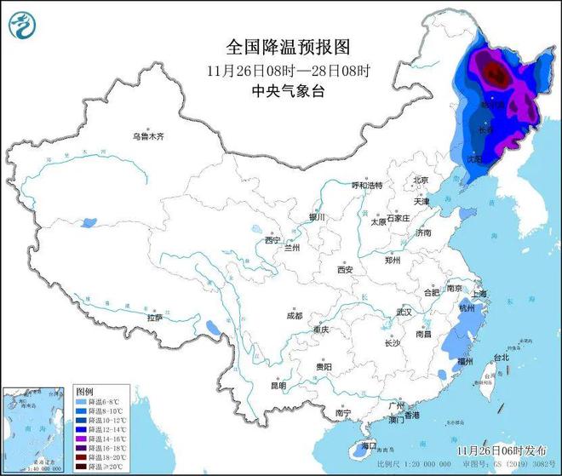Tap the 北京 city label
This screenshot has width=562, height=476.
[x=420, y=180]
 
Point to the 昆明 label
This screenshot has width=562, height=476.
[x=278, y=385]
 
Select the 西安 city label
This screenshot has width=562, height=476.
[x=344, y=269]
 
